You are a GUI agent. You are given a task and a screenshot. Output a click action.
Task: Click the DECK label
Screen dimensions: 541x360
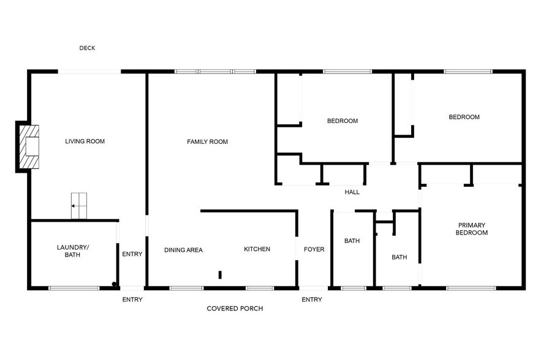[87, 48]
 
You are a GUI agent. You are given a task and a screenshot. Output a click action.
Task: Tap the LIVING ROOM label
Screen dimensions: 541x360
[85, 141]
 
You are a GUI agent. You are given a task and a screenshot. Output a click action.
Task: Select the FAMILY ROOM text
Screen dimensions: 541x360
[207, 141]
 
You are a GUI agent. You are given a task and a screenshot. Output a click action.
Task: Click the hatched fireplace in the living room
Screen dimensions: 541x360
[29, 146]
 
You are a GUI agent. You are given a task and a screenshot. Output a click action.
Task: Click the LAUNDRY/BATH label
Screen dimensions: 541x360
[73, 251]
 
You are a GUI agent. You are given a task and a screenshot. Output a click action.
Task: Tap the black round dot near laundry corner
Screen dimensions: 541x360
[114, 284]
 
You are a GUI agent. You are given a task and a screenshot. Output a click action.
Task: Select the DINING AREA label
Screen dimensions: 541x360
[183, 250]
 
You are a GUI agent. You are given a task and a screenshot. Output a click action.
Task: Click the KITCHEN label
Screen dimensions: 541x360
[257, 249]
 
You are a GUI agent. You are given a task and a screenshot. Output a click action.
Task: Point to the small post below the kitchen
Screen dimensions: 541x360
[220, 275]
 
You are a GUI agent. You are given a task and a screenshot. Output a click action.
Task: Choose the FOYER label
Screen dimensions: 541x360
[314, 249]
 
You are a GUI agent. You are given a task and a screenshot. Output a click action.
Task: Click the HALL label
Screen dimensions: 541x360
[352, 192]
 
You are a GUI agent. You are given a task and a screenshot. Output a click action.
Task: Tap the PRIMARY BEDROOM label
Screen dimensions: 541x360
[472, 229]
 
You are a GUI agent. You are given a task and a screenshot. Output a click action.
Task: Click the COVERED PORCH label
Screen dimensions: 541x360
[235, 309]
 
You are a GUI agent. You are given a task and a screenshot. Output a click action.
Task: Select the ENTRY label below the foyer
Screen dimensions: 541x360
[312, 299]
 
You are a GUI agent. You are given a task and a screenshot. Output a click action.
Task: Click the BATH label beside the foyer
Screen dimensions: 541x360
[352, 241]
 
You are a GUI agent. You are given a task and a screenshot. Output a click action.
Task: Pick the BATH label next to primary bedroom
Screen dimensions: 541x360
[399, 257]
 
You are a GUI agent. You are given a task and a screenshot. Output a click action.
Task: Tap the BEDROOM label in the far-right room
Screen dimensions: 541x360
[464, 117]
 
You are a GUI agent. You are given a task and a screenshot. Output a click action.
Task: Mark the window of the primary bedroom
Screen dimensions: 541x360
[471, 288]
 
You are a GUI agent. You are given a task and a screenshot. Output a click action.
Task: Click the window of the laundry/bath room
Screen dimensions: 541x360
[74, 288]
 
